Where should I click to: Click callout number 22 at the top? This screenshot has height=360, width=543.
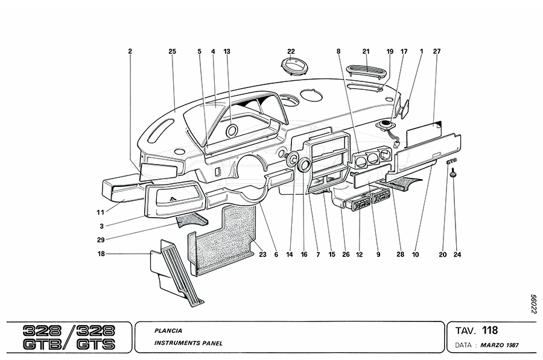pyautogui.click(x=291, y=52)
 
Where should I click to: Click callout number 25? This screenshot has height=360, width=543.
pyautogui.click(x=172, y=52)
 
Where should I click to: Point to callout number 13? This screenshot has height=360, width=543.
pyautogui.click(x=227, y=52)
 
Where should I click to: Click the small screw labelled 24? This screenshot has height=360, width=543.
pyautogui.click(x=454, y=175)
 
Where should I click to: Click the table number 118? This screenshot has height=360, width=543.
pyautogui.click(x=491, y=330)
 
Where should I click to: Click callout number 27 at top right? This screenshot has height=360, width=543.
pyautogui.click(x=436, y=52)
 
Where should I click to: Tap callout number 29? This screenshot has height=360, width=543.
pyautogui.click(x=101, y=240)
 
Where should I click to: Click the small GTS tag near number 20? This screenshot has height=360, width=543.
pyautogui.click(x=451, y=162)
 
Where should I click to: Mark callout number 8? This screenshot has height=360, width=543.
pyautogui.click(x=338, y=52)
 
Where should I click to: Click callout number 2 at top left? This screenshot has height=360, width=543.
pyautogui.click(x=130, y=52)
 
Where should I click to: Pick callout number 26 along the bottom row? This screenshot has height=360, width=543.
pyautogui.click(x=346, y=254)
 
